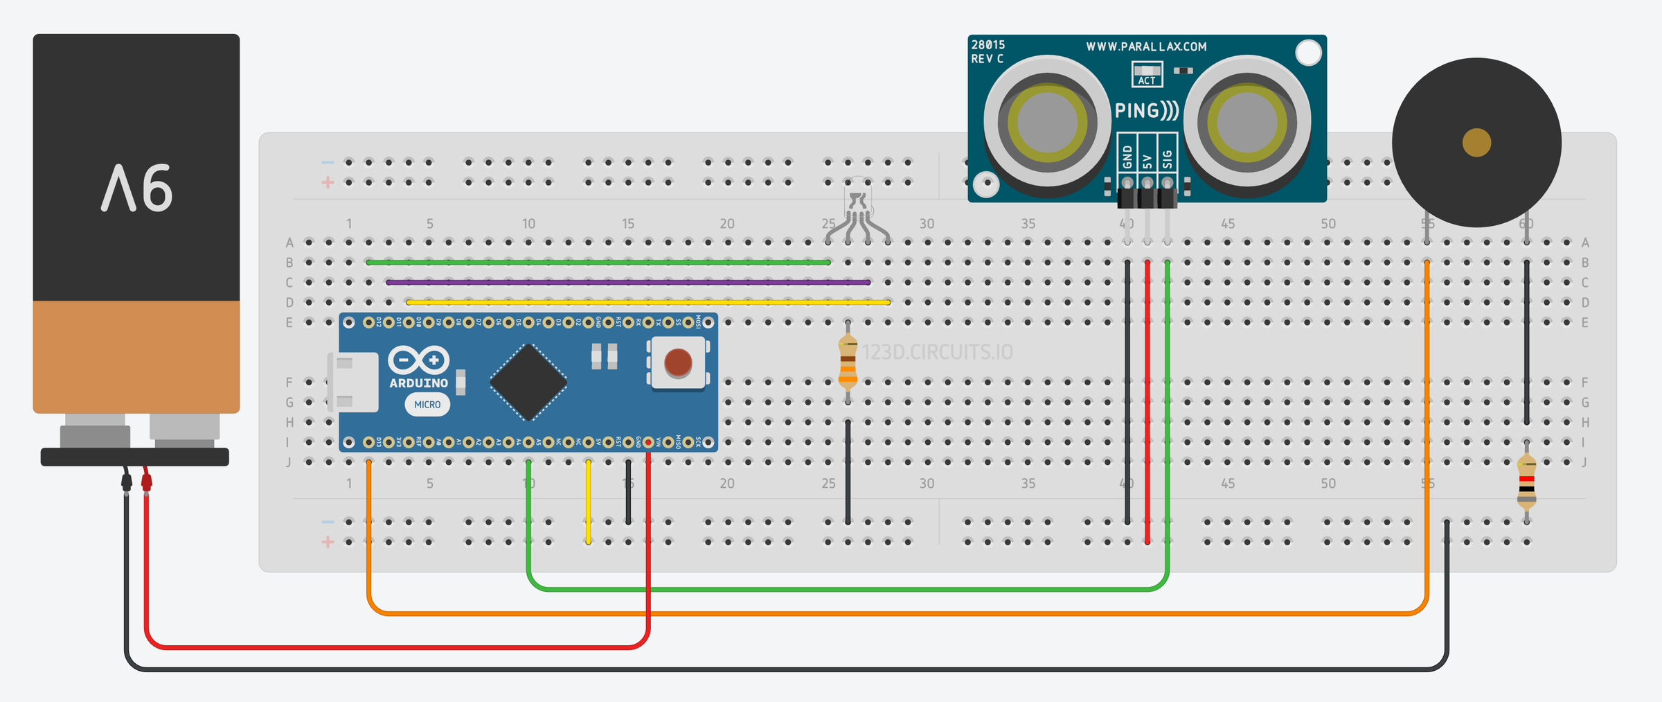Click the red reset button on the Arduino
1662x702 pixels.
tap(677, 362)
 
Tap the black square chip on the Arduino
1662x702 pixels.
tap(528, 382)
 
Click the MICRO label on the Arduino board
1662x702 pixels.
tap(427, 405)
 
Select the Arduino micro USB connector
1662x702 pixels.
tap(354, 382)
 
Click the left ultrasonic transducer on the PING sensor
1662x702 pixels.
tap(1046, 122)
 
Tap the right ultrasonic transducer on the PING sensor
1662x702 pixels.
tap(1246, 122)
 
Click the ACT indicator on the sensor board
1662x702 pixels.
tap(1147, 74)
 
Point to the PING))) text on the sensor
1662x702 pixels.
tap(1146, 111)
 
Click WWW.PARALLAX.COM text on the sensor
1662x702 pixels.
tap(1146, 46)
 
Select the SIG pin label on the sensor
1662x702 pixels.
tap(1168, 159)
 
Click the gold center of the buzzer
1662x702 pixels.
tap(1476, 143)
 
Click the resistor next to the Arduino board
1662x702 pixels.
tap(848, 360)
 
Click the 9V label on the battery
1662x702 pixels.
tap(136, 188)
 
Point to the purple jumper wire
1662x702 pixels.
tap(623, 282)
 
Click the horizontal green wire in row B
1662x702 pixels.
tap(596, 263)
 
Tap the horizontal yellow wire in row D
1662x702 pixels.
tap(644, 302)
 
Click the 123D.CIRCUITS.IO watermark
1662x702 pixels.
tap(937, 352)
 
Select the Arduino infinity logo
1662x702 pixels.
tap(418, 360)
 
